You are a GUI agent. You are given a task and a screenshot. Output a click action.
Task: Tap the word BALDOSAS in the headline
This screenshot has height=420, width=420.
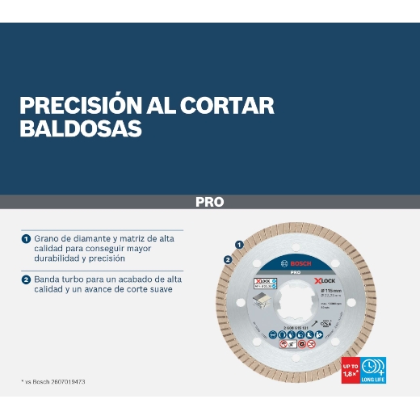(80, 128)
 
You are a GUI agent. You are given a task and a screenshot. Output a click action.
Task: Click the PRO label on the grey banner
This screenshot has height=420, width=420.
(209, 202)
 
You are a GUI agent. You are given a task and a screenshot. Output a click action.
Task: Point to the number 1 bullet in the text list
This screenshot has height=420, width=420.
(26, 239)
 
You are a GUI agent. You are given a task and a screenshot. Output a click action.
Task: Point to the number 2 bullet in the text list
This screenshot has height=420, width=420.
(26, 279)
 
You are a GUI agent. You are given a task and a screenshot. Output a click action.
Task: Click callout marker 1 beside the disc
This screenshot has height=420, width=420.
(239, 243)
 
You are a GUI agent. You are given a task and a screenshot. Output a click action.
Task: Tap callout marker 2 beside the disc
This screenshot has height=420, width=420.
(228, 259)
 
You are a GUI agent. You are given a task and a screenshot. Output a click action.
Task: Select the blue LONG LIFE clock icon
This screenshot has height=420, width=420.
(373, 368)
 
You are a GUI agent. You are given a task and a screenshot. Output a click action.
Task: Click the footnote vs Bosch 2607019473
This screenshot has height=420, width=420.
(53, 381)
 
